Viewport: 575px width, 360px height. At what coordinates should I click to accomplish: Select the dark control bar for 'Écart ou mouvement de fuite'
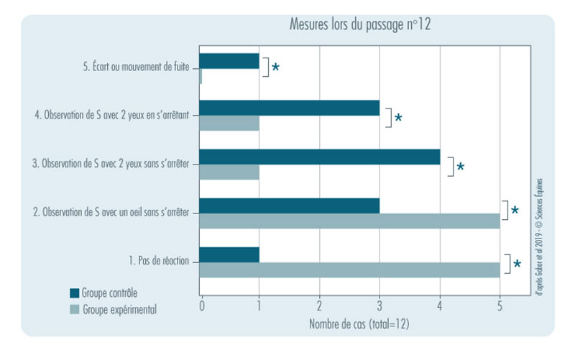[x=229, y=61]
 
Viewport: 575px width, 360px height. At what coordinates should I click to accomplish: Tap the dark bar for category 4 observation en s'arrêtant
[x=289, y=108]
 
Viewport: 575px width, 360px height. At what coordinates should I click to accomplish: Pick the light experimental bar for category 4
[x=229, y=124]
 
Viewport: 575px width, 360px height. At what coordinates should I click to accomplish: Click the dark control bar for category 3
[x=319, y=157]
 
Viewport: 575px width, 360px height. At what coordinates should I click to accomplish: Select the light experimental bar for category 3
[x=229, y=172]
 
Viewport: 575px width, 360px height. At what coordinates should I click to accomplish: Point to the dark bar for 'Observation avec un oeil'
[x=289, y=206]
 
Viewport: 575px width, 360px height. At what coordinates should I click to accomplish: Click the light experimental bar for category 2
[x=349, y=221]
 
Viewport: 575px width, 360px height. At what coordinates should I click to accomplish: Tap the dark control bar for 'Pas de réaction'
[x=229, y=254]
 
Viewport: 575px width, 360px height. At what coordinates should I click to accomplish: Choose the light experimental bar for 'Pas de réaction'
[x=349, y=270]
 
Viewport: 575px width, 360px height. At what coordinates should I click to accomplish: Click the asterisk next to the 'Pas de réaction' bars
[x=517, y=264]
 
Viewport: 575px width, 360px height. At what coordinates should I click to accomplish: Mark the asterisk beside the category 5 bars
[x=275, y=68]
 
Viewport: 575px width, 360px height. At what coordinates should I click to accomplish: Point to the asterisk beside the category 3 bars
[x=460, y=167]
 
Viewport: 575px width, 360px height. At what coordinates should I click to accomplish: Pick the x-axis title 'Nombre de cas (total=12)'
[x=359, y=324]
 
